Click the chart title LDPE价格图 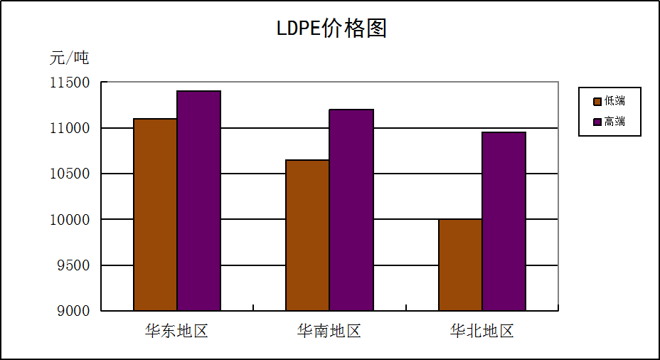331,28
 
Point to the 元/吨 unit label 69,58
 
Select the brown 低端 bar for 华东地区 155,214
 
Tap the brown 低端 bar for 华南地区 307,235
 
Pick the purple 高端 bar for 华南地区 351,210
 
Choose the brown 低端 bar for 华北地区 460,265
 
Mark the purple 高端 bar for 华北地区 504,221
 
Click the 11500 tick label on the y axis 70,83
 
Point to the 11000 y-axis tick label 70,128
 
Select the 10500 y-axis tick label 70,174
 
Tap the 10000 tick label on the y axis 70,220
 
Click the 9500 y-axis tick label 74,265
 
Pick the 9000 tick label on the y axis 74,311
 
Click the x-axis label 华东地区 176,332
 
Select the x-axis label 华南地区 329,332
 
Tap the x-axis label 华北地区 481,332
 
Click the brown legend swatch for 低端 597,101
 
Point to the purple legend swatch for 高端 597,122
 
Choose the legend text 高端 614,122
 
